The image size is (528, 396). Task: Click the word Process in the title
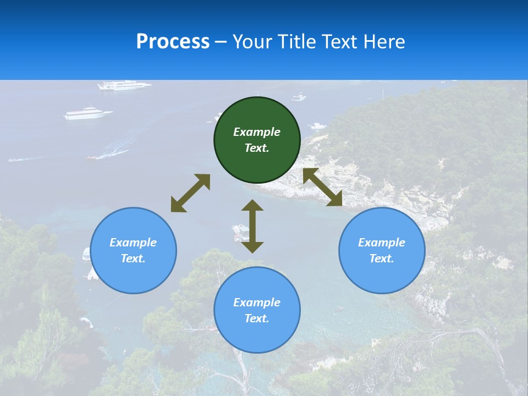[173, 42]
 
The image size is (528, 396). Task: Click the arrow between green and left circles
[190, 193]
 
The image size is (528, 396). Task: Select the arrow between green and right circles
[323, 188]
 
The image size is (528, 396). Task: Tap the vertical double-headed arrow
[252, 226]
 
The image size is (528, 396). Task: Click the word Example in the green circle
[257, 132]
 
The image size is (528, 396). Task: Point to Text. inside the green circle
[257, 148]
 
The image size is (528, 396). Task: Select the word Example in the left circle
[133, 243]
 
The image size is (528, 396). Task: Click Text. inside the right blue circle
[382, 258]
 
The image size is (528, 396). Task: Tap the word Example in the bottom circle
[257, 302]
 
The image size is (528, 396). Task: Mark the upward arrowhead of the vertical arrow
[252, 206]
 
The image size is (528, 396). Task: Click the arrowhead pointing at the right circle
[335, 199]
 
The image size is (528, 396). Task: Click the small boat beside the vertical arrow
[240, 232]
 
